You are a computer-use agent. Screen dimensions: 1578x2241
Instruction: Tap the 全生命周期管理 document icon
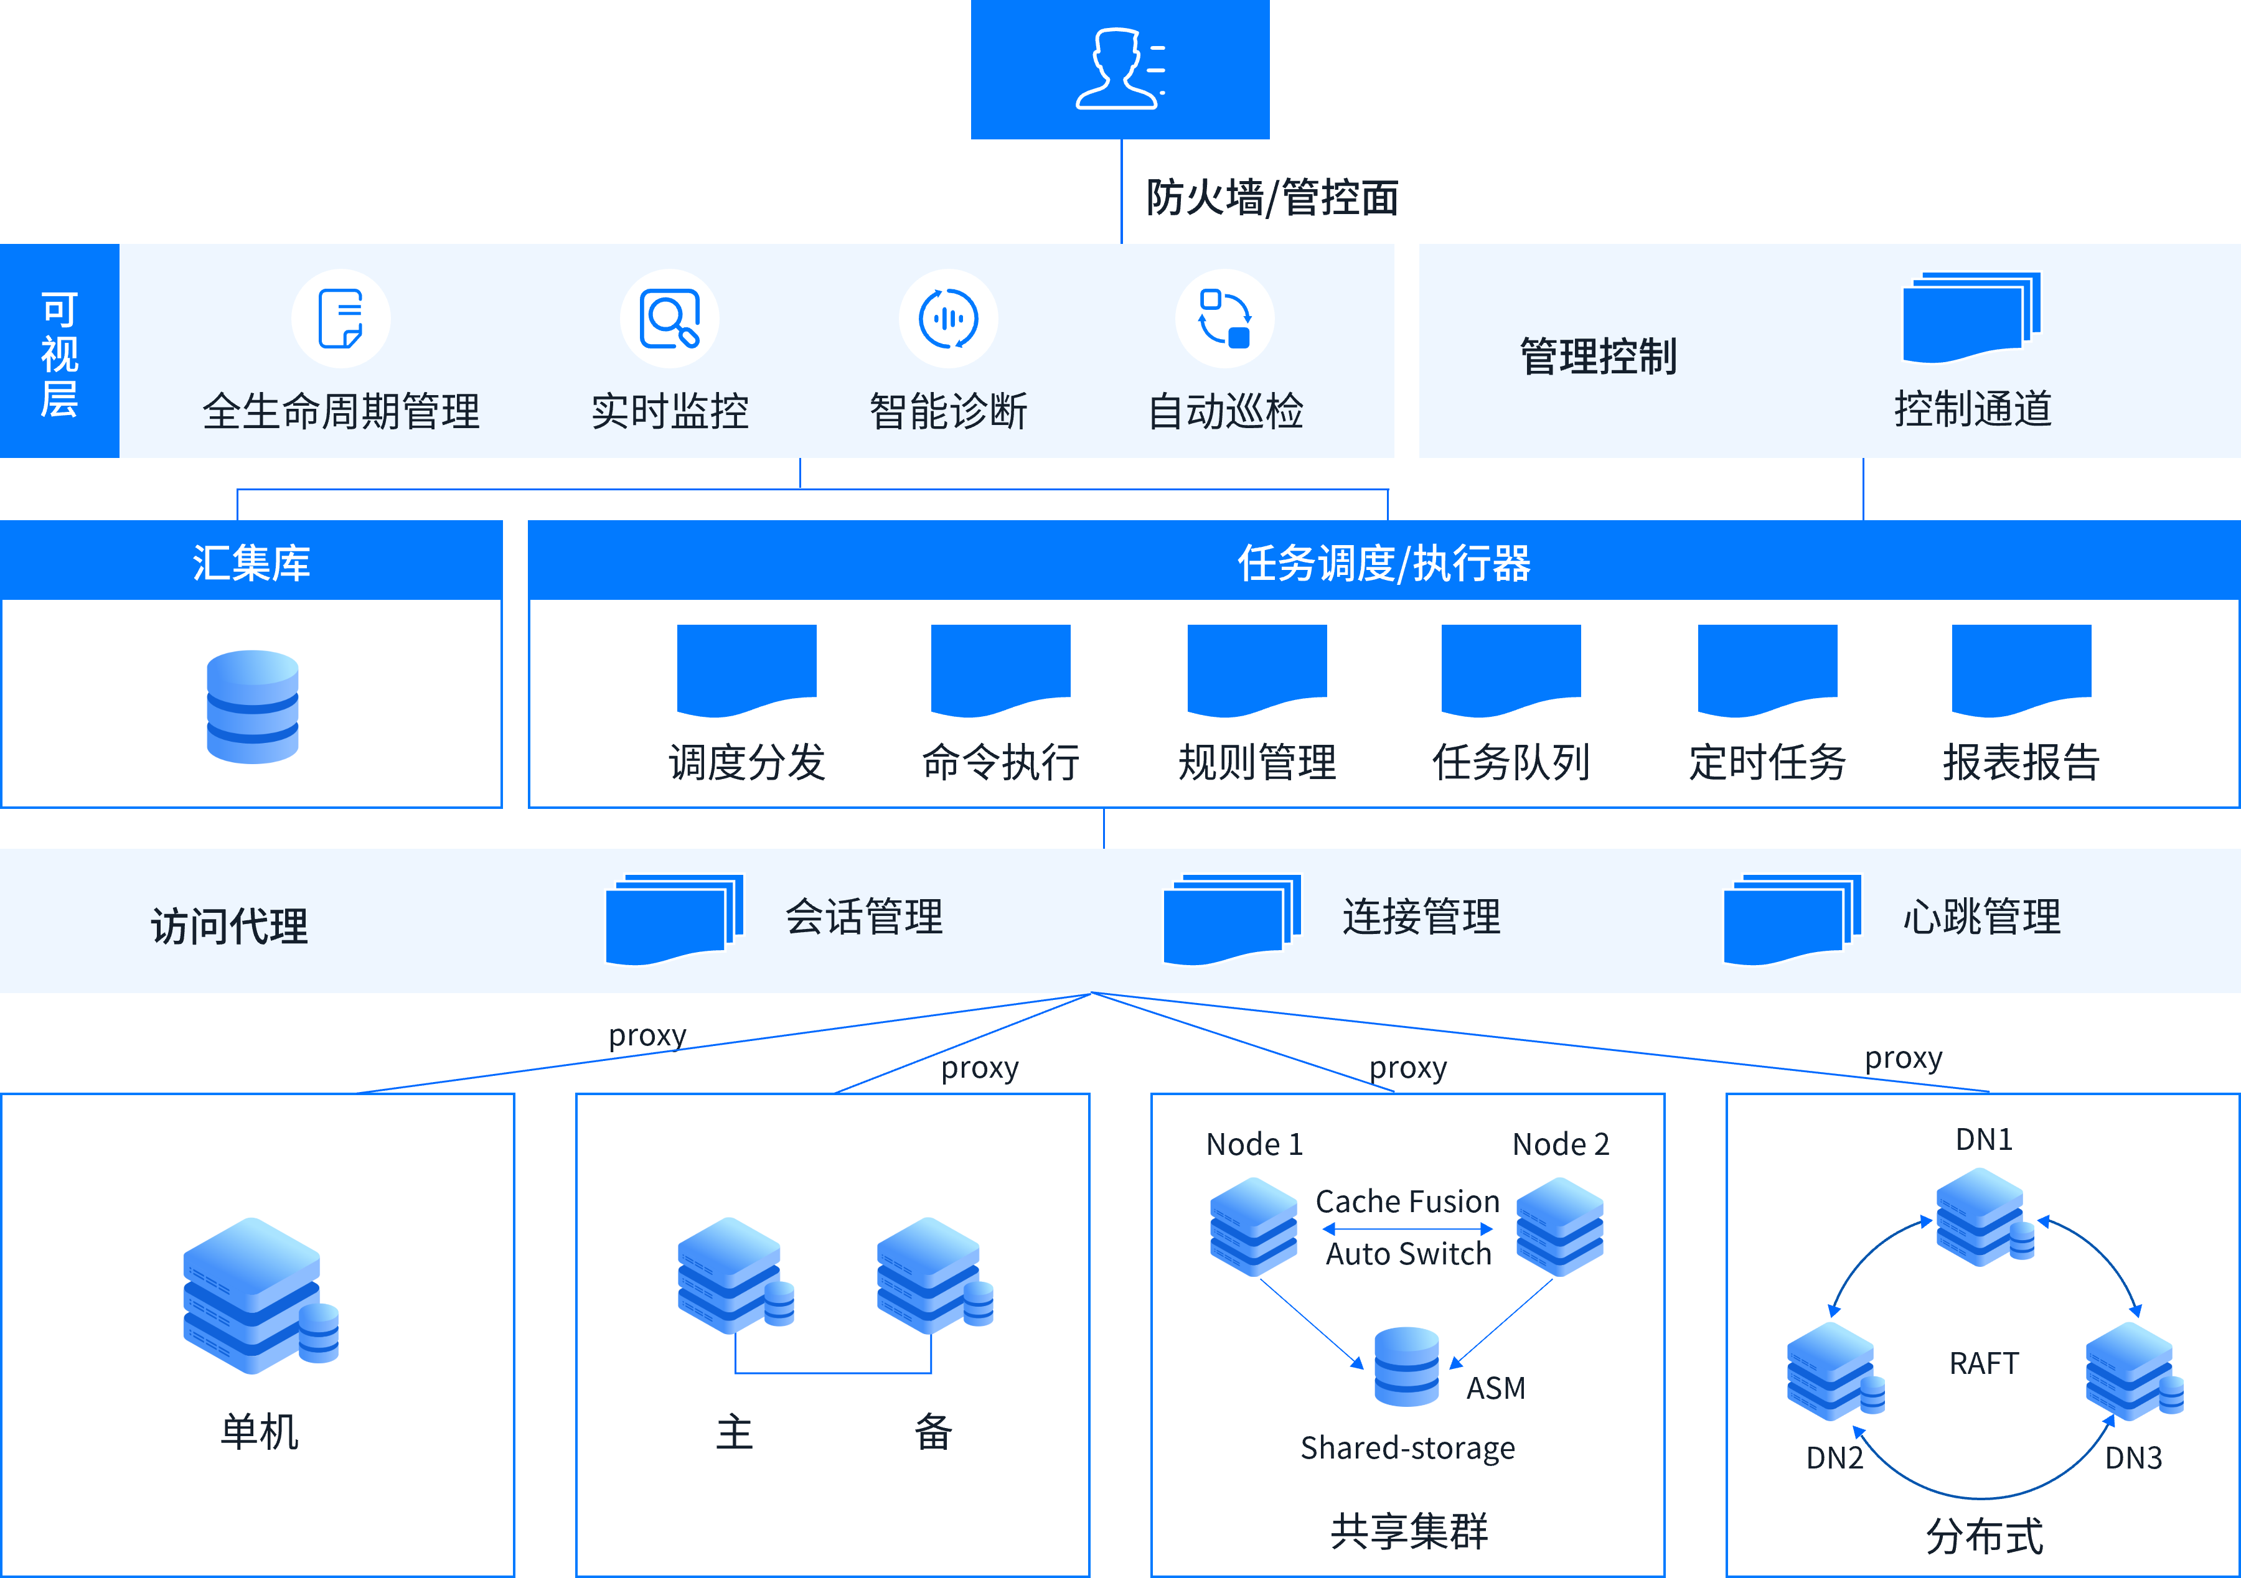[x=341, y=318]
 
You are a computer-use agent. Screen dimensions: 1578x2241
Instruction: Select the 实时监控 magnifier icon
[x=670, y=318]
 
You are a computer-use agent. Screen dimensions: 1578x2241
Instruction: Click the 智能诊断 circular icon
[x=947, y=318]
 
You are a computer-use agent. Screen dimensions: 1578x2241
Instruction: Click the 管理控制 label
[x=1598, y=356]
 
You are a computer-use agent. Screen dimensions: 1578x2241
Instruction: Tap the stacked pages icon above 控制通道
[x=1971, y=317]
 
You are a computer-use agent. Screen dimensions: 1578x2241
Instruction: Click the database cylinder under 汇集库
[x=253, y=706]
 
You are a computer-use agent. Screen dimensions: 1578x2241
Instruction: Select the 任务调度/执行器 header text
[x=1383, y=563]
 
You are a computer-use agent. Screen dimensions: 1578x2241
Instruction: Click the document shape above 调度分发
[x=746, y=668]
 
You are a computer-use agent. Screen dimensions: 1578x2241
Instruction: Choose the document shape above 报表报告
[x=2021, y=668]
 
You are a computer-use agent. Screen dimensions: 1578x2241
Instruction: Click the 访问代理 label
[x=229, y=925]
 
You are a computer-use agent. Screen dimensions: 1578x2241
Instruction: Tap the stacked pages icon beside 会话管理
[x=674, y=919]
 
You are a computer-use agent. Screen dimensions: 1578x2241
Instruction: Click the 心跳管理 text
[x=1981, y=917]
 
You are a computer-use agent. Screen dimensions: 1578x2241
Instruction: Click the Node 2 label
[x=1560, y=1144]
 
